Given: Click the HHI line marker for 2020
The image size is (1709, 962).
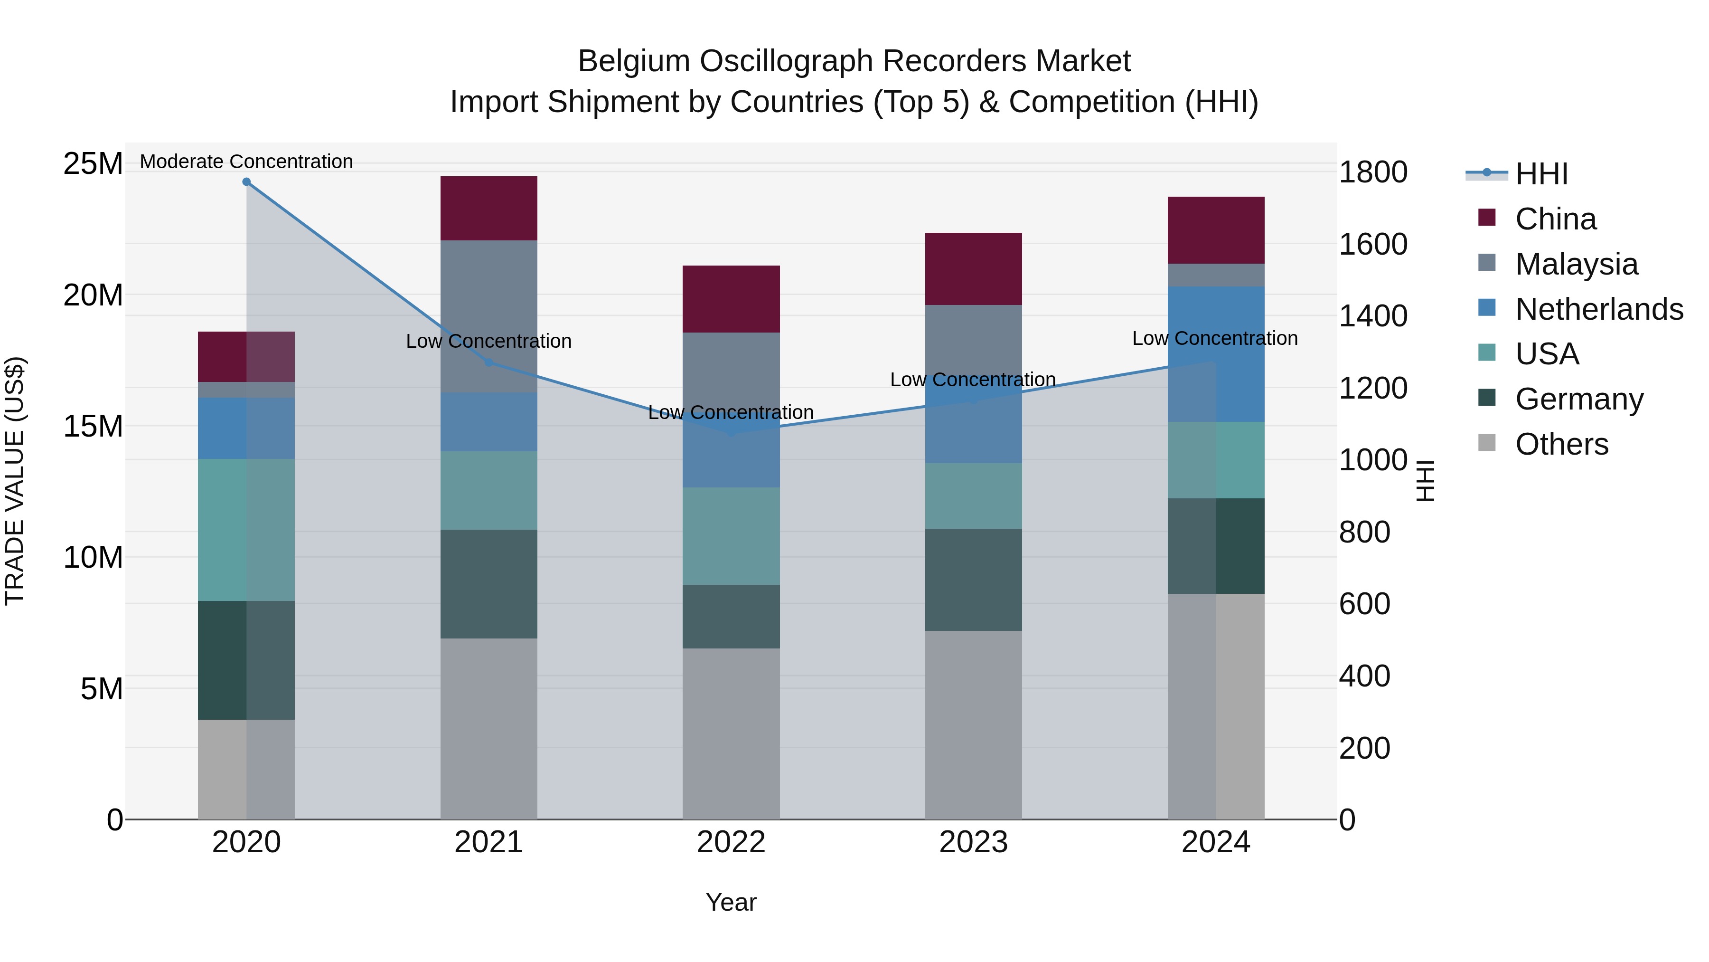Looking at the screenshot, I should point(246,182).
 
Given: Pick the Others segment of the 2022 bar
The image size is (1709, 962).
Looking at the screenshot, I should point(731,733).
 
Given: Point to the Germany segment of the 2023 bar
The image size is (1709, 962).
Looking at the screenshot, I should point(973,580).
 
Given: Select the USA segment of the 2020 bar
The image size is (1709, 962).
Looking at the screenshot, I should point(246,530).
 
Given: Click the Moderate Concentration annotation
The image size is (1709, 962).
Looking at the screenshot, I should point(246,162).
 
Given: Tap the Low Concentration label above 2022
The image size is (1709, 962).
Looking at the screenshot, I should point(731,412).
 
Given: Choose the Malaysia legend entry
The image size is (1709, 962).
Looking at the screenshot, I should point(1576,264).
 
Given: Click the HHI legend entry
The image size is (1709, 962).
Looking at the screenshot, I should point(1541,174).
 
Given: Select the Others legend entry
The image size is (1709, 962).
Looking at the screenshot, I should point(1562,444).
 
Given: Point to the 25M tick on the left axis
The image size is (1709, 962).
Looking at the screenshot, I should point(93,164).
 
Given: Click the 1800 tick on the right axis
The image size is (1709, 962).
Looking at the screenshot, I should point(1372,172).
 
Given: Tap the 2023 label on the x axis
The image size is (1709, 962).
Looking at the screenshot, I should point(973,842).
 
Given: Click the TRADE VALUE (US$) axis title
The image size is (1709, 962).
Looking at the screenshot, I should point(15,481).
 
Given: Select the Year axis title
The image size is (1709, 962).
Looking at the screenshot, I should point(731,902).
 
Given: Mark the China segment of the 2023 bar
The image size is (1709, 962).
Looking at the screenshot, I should point(973,269).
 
